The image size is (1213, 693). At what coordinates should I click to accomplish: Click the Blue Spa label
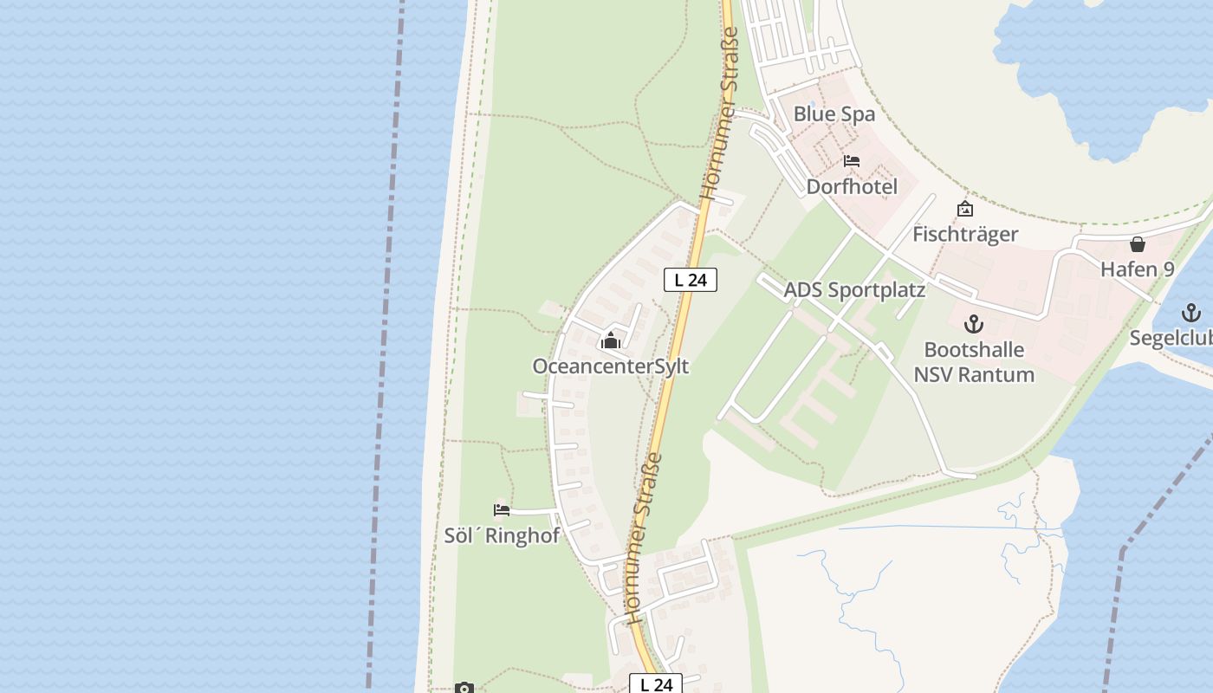[x=834, y=113]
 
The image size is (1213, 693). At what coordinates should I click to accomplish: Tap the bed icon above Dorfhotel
[x=852, y=161]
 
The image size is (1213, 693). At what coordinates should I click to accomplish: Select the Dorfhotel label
[x=852, y=186]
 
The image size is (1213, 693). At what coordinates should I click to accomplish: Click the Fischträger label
[x=965, y=234]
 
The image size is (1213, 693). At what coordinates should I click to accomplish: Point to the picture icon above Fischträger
[x=964, y=209]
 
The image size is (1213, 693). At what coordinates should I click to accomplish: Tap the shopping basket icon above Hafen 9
[x=1138, y=244]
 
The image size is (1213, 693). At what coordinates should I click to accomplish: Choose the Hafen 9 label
[x=1138, y=269]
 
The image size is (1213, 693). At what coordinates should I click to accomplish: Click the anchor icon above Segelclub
[x=1191, y=313]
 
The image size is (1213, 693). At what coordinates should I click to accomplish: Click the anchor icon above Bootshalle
[x=974, y=325]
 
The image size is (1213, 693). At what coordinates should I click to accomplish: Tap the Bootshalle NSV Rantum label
[x=974, y=362]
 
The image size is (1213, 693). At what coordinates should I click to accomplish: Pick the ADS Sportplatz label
[x=854, y=290]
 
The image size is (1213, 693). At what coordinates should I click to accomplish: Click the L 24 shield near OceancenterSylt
[x=691, y=280]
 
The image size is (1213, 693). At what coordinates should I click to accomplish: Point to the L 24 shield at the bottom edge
[x=656, y=684]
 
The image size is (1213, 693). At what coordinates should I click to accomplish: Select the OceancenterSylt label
[x=611, y=366]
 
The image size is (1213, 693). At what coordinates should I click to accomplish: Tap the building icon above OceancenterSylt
[x=611, y=341]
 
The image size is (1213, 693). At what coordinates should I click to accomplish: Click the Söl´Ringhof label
[x=502, y=535]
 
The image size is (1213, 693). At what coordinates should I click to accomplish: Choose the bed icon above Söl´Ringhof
[x=502, y=509]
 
